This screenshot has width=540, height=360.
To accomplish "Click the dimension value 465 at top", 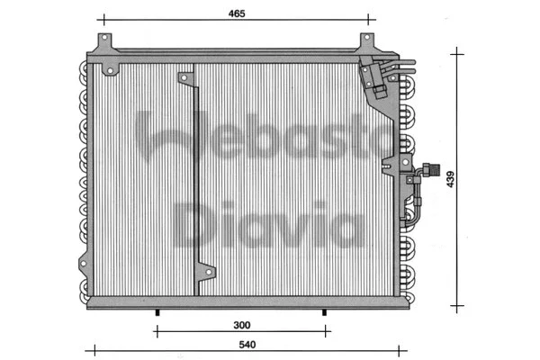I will click(236, 14).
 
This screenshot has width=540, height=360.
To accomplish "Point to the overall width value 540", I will click(236, 343).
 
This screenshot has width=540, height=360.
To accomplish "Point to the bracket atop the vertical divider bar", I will click(187, 79).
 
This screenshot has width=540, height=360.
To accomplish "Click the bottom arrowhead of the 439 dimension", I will click(459, 302).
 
